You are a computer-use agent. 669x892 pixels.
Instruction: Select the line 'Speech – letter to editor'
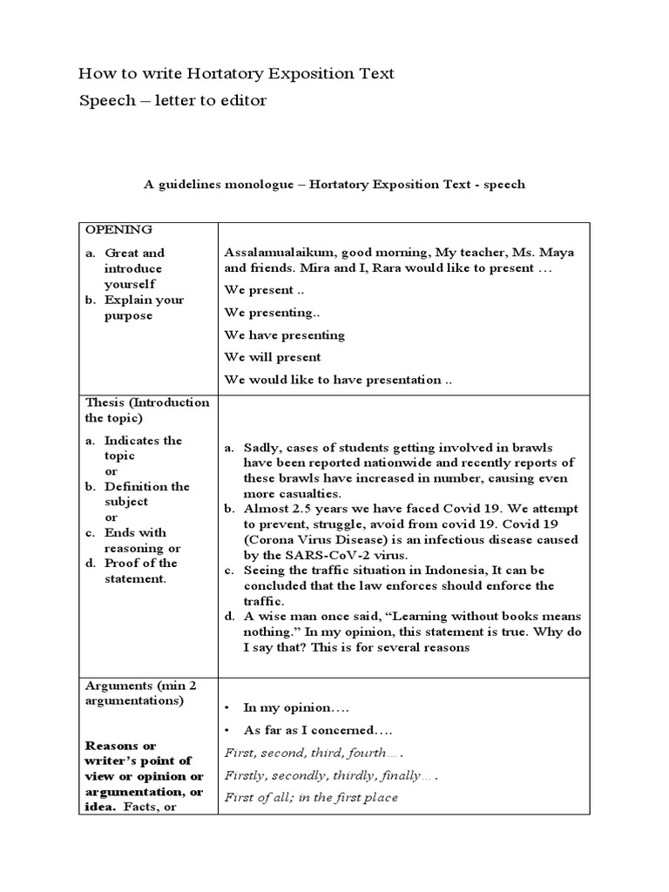coord(172,101)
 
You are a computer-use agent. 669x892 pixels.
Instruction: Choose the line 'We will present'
coord(272,357)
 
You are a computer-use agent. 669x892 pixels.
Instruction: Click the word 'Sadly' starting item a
coord(262,448)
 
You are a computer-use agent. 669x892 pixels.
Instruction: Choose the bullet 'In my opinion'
coord(287,708)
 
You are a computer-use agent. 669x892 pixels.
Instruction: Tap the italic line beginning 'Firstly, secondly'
coord(330,774)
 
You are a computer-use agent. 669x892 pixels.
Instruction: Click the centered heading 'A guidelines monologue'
coord(334,185)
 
